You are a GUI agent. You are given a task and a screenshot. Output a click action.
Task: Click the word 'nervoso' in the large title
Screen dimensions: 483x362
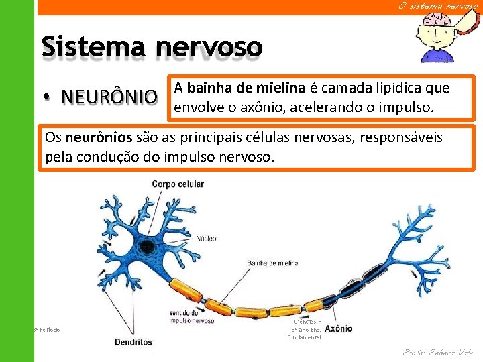click(x=209, y=48)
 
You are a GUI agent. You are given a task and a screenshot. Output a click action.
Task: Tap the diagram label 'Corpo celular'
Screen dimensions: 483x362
click(x=178, y=184)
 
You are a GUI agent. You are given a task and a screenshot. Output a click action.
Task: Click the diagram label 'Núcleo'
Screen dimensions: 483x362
click(x=206, y=238)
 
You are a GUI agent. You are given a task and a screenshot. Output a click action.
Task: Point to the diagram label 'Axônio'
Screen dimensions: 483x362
click(x=333, y=329)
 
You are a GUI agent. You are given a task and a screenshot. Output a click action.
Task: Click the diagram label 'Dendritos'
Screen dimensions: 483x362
click(x=133, y=341)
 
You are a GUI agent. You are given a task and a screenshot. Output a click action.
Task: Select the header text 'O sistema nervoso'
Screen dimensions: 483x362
click(x=438, y=6)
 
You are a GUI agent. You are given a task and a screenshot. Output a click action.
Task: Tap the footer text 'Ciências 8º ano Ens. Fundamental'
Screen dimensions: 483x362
click(x=304, y=329)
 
